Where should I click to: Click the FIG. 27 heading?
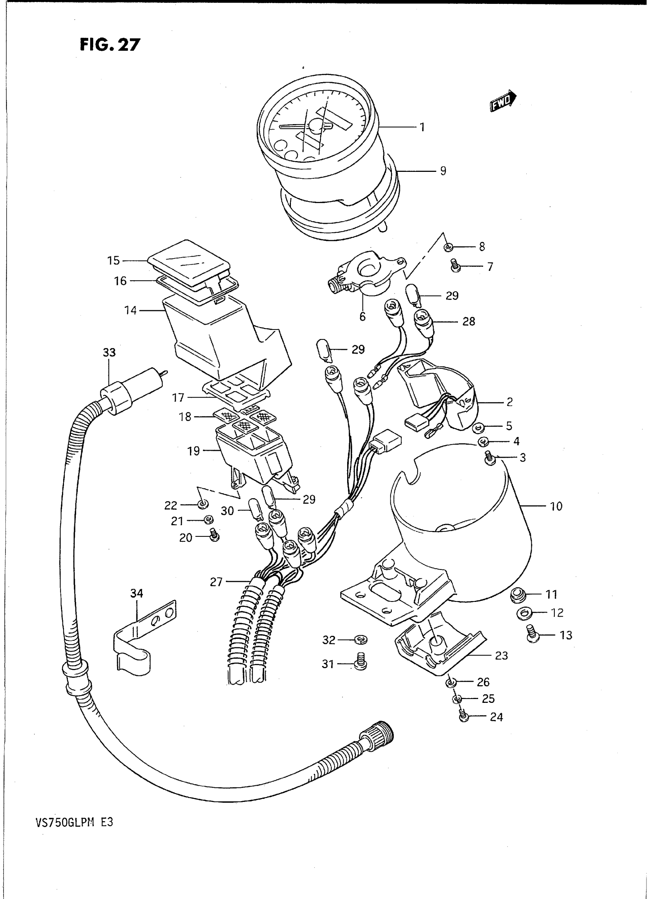[x=110, y=44]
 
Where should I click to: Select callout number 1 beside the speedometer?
[x=423, y=127]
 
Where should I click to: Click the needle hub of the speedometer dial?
[x=316, y=127]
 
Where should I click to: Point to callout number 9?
[x=443, y=171]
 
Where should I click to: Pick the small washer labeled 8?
[x=448, y=247]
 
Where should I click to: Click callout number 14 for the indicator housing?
[x=131, y=311]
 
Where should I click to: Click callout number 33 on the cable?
[x=109, y=352]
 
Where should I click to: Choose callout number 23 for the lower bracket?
[x=501, y=655]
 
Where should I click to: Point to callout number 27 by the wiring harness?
[x=216, y=582]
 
